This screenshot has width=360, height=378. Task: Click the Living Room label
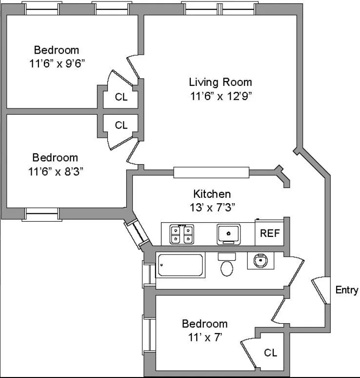(x=220, y=82)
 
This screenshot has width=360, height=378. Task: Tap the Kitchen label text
(x=212, y=194)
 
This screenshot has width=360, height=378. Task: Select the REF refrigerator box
(x=270, y=233)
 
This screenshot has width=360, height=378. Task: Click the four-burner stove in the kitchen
(x=182, y=234)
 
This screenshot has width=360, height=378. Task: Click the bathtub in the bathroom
(x=180, y=266)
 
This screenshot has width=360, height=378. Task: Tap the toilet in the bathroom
(x=226, y=266)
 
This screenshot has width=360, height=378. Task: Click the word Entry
(x=347, y=290)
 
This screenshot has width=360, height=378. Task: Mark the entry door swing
(x=319, y=291)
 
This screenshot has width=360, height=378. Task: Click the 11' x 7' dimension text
(x=204, y=336)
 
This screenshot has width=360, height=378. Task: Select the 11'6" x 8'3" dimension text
(x=55, y=171)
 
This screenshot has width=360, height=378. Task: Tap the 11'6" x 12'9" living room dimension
(x=220, y=96)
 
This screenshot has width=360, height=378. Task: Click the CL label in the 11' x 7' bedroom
(x=270, y=353)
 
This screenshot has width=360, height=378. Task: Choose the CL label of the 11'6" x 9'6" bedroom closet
(x=121, y=97)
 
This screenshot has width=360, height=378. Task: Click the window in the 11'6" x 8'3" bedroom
(x=42, y=214)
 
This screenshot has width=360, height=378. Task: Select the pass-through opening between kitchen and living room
(x=211, y=172)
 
